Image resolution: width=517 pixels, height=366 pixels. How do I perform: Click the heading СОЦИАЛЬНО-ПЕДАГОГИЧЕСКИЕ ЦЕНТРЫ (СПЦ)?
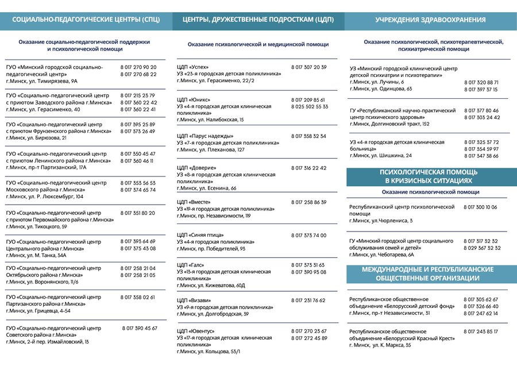(x=87, y=20)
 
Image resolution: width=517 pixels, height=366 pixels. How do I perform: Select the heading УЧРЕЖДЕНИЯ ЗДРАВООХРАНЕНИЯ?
(x=430, y=20)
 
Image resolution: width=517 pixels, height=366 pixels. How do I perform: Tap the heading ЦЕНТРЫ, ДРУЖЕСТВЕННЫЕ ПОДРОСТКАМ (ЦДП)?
(x=258, y=20)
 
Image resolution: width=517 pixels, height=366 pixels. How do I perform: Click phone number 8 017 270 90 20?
(x=138, y=67)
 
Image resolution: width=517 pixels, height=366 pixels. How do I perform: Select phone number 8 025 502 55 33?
(x=310, y=106)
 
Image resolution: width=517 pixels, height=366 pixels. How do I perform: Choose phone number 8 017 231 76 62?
(x=308, y=300)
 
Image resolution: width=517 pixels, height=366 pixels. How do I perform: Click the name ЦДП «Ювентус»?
(x=196, y=332)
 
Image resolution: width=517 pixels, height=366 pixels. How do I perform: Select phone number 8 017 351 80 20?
(x=138, y=213)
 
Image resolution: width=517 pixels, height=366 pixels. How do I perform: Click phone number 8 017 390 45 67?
(x=140, y=328)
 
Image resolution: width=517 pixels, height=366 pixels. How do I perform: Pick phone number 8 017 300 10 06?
(x=480, y=207)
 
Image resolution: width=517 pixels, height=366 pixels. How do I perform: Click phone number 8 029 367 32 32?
(x=482, y=248)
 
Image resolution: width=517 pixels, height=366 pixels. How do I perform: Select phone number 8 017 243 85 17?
(x=481, y=332)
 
